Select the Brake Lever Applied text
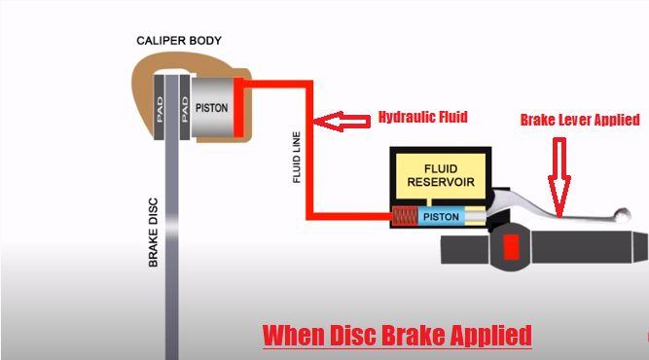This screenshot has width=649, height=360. [579, 120]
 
